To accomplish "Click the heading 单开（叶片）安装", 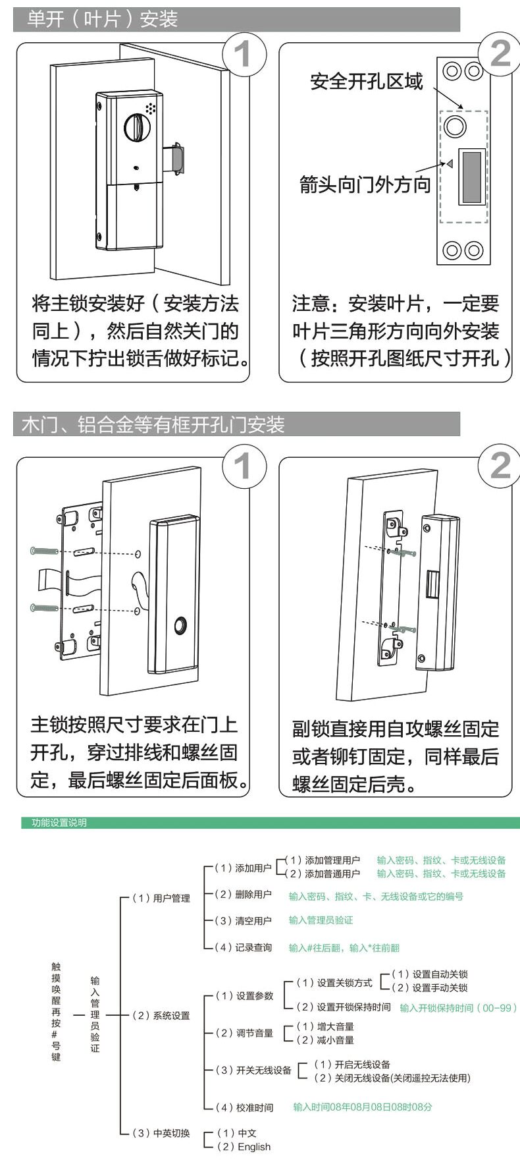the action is pyautogui.click(x=102, y=19).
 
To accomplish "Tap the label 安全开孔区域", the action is pyautogui.click(x=367, y=82).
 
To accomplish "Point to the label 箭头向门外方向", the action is pyautogui.click(x=365, y=184).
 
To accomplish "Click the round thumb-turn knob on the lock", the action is pyautogui.click(x=138, y=127).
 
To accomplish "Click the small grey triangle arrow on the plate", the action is pyautogui.click(x=450, y=164).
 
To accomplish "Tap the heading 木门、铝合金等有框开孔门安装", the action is pyautogui.click(x=153, y=425).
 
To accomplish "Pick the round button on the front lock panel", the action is pyautogui.click(x=180, y=626).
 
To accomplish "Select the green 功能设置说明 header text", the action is pyautogui.click(x=59, y=823).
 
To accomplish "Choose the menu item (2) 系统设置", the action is pyautogui.click(x=161, y=1015).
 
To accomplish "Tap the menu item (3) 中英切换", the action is pyautogui.click(x=161, y=1132).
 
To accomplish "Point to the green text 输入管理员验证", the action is pyautogui.click(x=321, y=920).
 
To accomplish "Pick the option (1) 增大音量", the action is pyautogui.click(x=325, y=1026).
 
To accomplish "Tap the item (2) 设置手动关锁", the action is pyautogui.click(x=430, y=988).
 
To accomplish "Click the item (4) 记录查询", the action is pyautogui.click(x=244, y=947).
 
